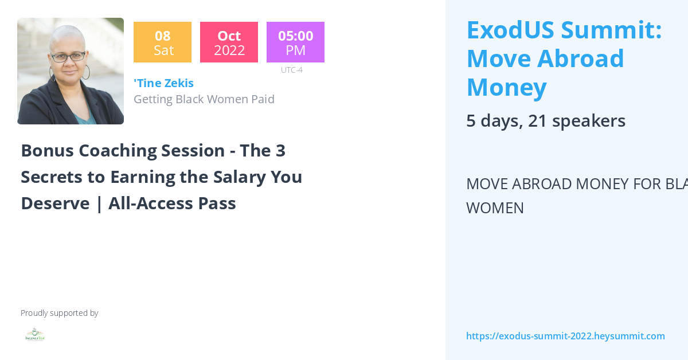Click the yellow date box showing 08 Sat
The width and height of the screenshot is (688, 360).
[162, 42]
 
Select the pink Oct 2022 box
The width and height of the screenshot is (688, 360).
[229, 42]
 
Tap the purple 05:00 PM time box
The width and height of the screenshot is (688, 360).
[295, 42]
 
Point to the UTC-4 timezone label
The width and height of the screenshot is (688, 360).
[291, 70]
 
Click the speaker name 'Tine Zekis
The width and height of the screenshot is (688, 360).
[163, 83]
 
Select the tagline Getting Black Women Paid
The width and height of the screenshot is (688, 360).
[204, 99]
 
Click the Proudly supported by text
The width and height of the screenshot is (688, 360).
[59, 313]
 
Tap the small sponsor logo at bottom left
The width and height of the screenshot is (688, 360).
[35, 335]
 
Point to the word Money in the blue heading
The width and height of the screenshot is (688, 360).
[506, 87]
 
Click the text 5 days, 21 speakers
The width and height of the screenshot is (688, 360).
[545, 121]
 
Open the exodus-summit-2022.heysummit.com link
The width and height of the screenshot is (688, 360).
[565, 336]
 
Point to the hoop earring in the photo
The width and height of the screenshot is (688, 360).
[86, 72]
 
